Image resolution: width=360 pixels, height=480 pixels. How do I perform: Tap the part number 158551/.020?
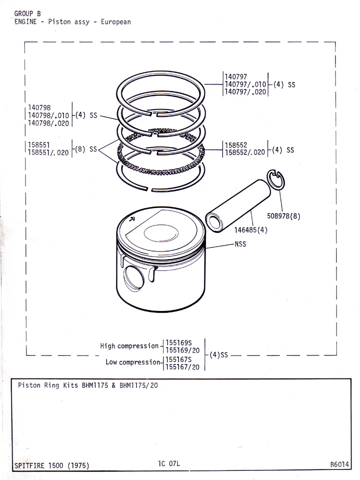[x=49, y=153]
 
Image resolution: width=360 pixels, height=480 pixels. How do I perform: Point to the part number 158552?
[x=236, y=145]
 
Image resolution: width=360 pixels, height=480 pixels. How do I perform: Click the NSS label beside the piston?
[x=240, y=244]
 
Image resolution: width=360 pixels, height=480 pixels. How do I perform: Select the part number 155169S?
[x=178, y=342]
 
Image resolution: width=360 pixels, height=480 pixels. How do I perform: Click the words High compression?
[x=128, y=345]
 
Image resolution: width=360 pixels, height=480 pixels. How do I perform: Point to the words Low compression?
[x=132, y=362]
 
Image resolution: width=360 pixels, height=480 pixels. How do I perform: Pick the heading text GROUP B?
[x=27, y=13]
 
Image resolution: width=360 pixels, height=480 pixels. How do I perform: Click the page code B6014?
[x=339, y=464]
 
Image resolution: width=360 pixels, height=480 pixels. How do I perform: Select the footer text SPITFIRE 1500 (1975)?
[x=48, y=465]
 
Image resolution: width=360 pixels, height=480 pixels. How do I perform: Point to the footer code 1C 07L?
[x=168, y=463]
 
